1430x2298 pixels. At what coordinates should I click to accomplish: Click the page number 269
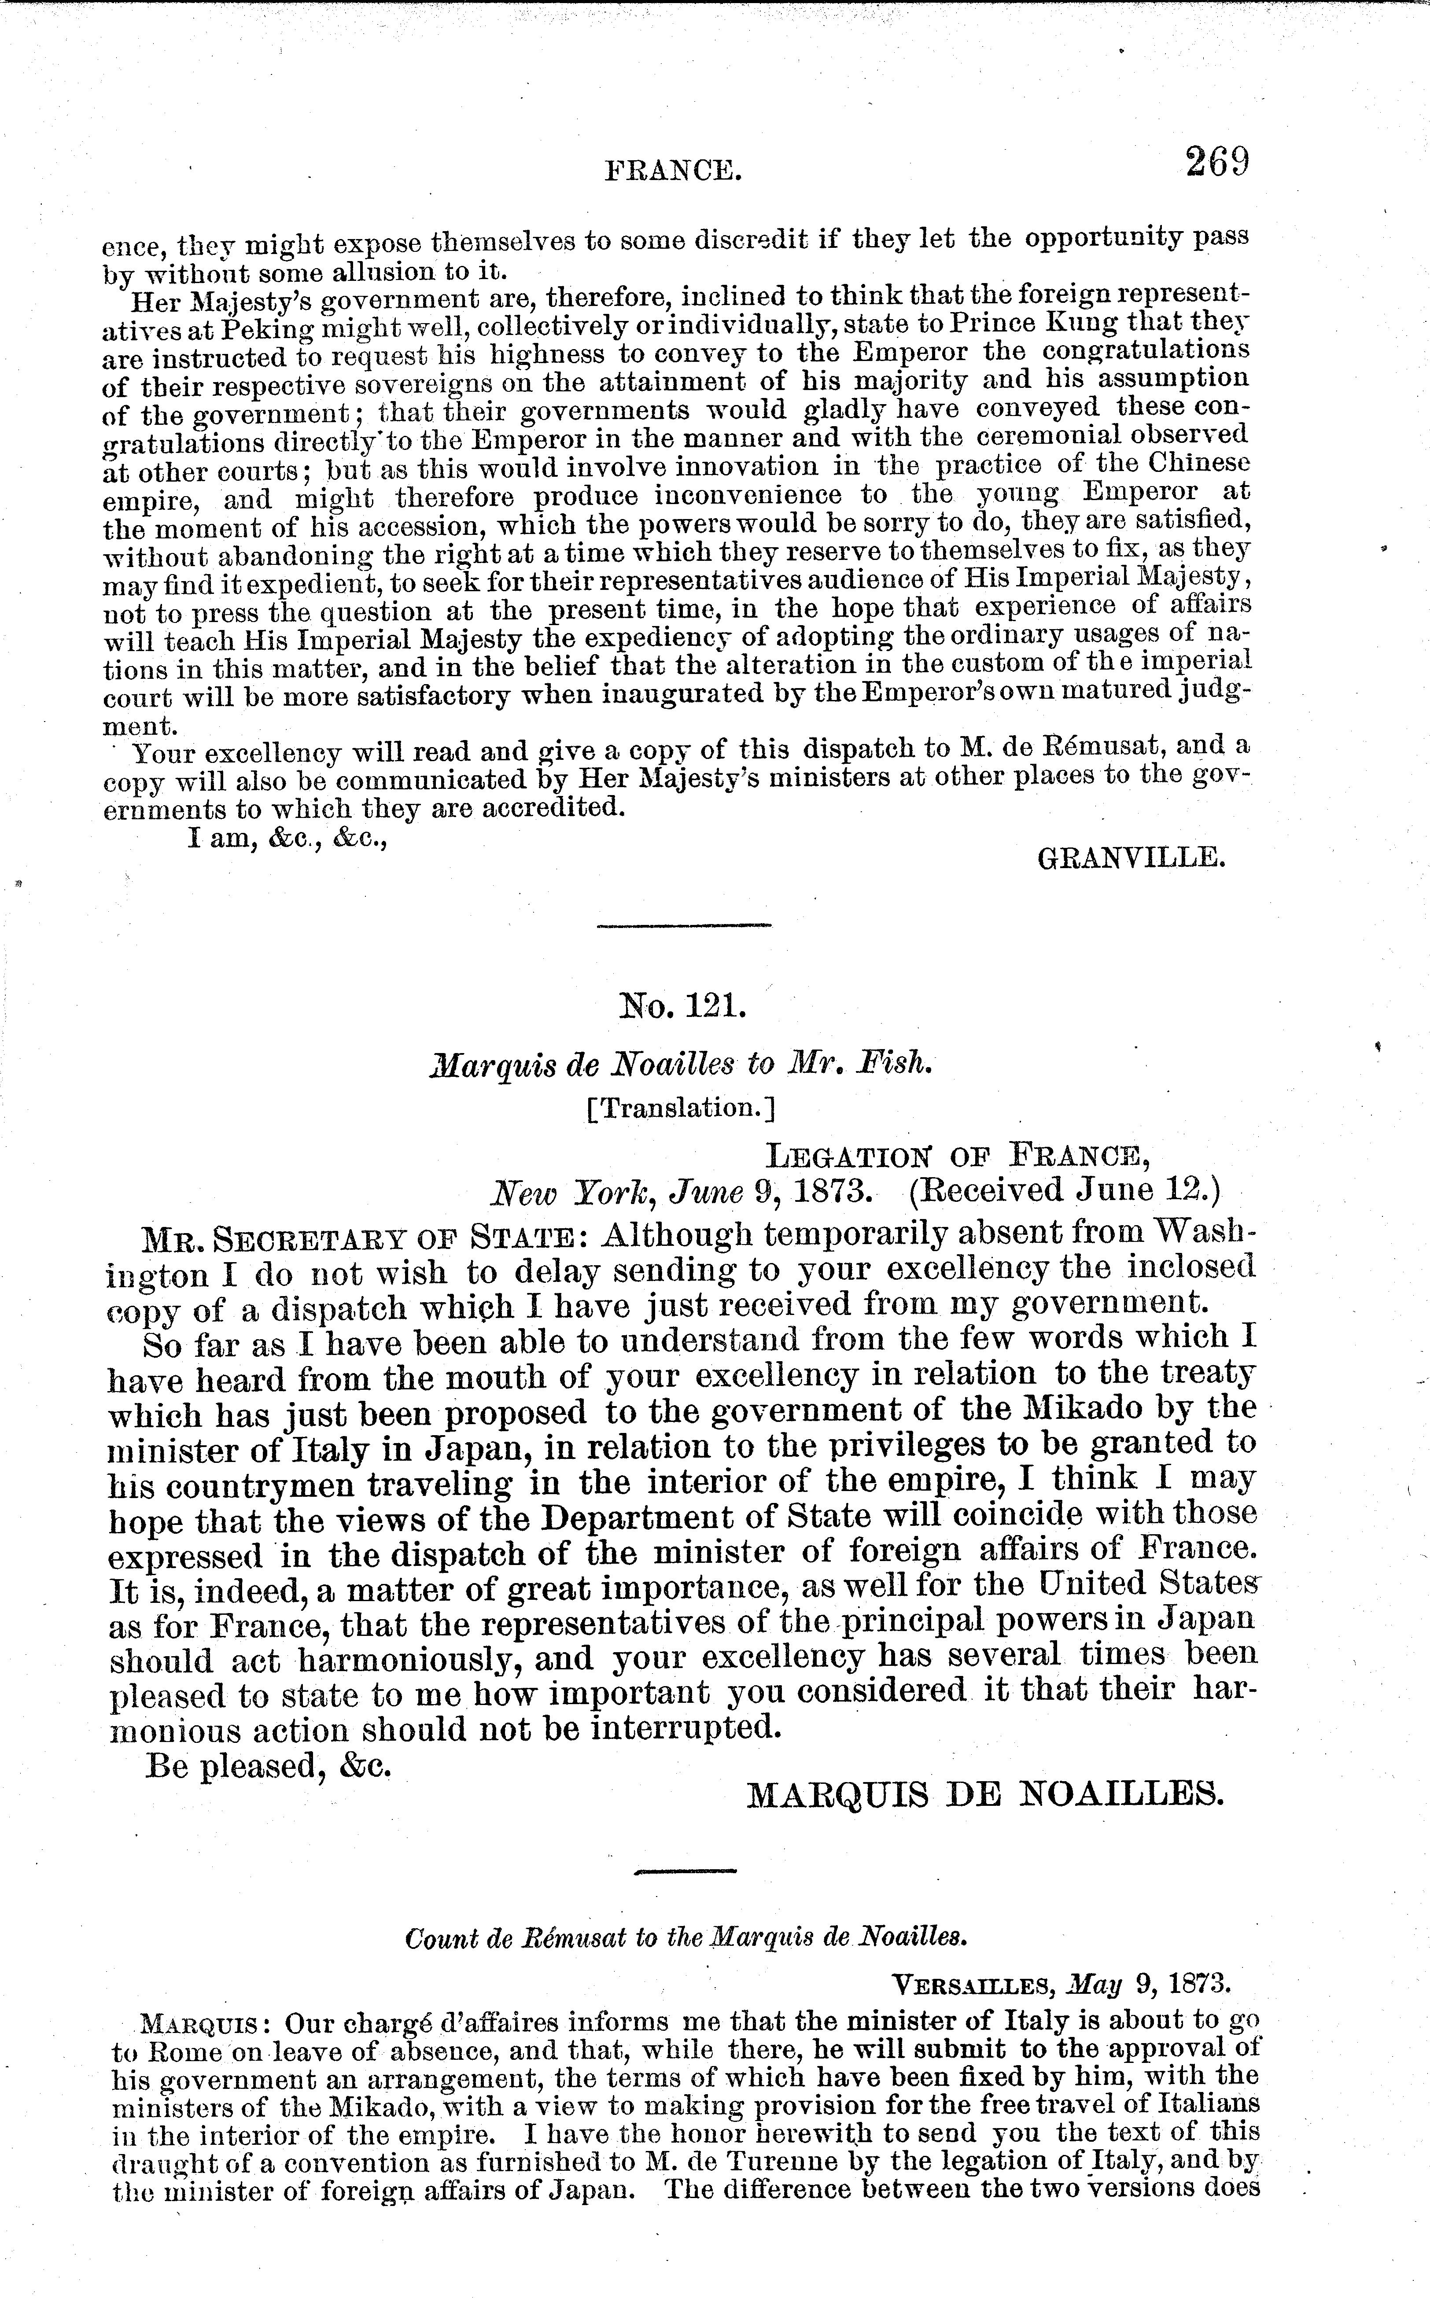coord(1217,162)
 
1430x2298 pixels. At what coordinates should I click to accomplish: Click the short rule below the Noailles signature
coord(685,1871)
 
